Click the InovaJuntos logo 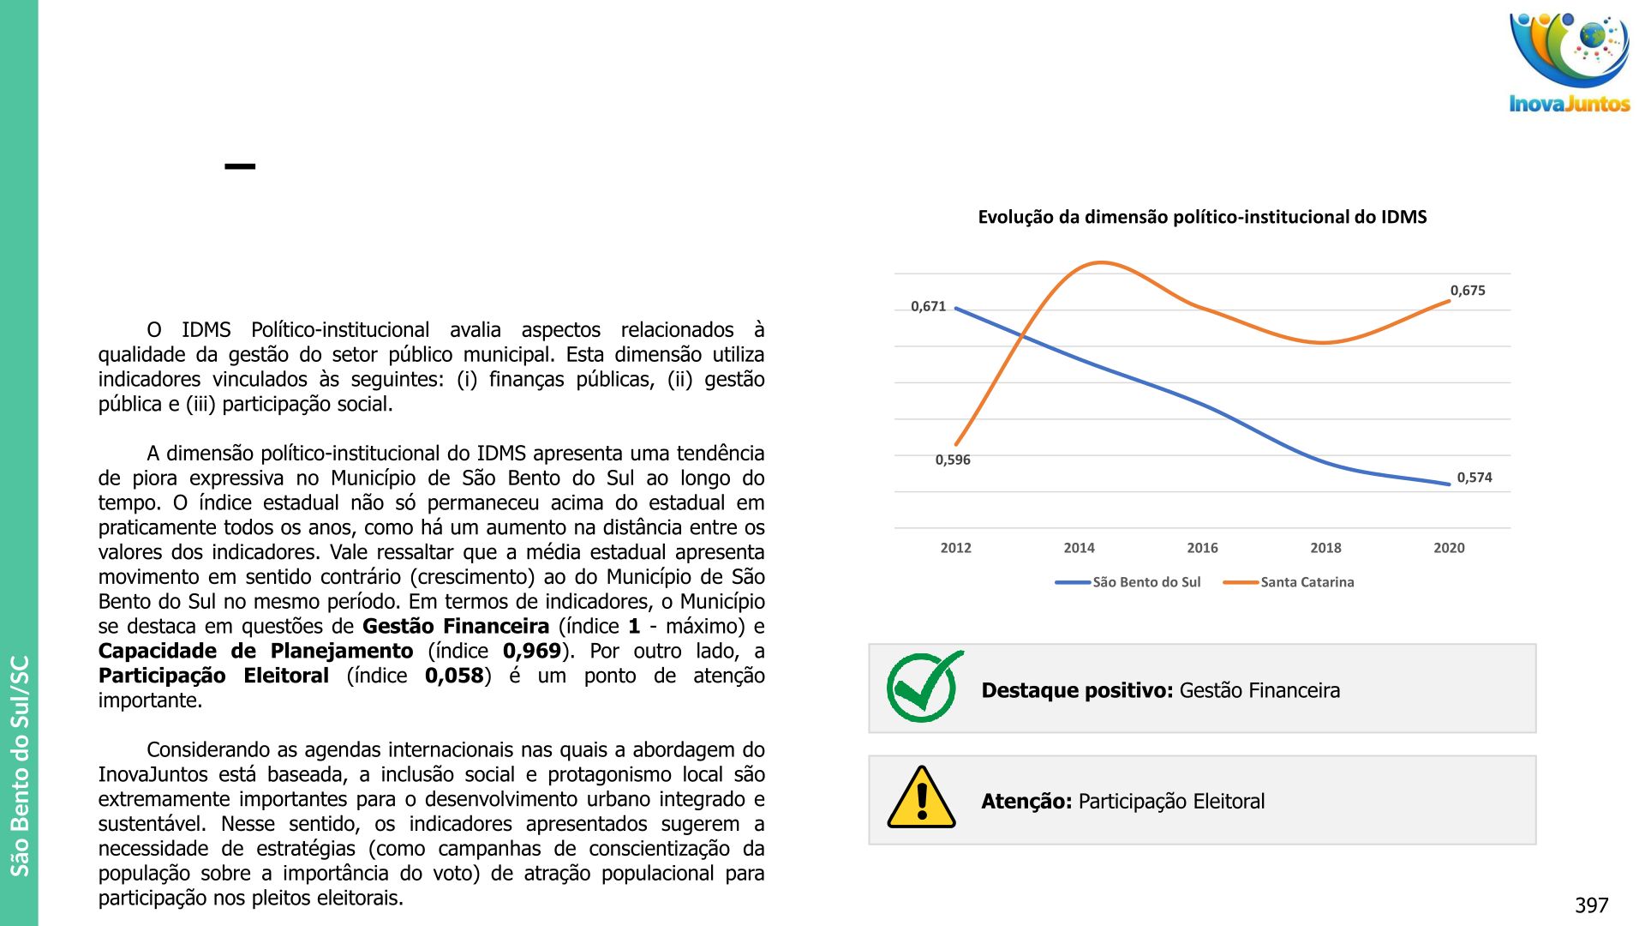click(1569, 63)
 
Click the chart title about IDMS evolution click(1202, 217)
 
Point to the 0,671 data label click(928, 306)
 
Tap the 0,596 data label click(953, 460)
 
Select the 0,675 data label click(1468, 291)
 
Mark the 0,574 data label click(1475, 478)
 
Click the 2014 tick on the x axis click(1079, 548)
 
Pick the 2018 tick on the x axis click(1325, 548)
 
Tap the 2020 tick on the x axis click(1449, 548)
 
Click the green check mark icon click(924, 687)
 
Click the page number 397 click(1591, 905)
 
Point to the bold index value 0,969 click(531, 652)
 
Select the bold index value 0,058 click(454, 676)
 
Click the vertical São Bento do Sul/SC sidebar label click(20, 765)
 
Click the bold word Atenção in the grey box click(1026, 802)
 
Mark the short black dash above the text click(240, 166)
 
